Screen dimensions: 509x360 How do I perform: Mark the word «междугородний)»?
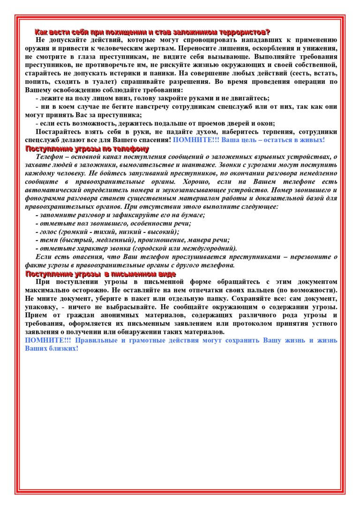[x=213, y=248]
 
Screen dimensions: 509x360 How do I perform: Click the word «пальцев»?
[x=254, y=291]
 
